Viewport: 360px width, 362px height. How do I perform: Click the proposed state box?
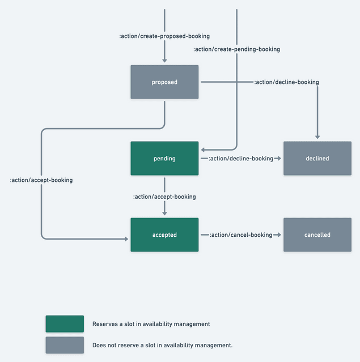click(164, 82)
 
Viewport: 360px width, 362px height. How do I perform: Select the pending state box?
click(164, 159)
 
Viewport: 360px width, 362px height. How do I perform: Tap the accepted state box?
click(164, 235)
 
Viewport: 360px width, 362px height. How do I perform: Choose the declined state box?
click(317, 159)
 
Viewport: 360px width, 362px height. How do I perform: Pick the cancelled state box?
click(317, 235)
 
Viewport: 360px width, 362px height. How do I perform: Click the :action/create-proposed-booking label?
click(164, 36)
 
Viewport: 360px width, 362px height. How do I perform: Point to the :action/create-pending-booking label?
click(236, 49)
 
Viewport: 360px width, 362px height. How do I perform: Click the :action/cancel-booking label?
click(241, 235)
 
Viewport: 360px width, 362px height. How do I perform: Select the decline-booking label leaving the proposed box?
click(286, 82)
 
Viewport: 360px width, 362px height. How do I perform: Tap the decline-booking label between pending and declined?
click(241, 159)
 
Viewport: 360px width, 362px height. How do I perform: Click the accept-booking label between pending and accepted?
click(164, 197)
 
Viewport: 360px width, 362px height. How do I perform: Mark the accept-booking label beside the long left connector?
click(41, 180)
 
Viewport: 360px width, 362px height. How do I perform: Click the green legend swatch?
click(65, 324)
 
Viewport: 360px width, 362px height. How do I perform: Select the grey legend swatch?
click(65, 345)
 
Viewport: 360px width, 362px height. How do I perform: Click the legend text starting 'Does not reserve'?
click(162, 345)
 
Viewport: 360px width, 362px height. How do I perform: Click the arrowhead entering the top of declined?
click(317, 137)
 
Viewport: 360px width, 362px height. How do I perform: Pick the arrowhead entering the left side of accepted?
click(126, 239)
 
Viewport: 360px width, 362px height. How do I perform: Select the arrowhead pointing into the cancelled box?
click(278, 235)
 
